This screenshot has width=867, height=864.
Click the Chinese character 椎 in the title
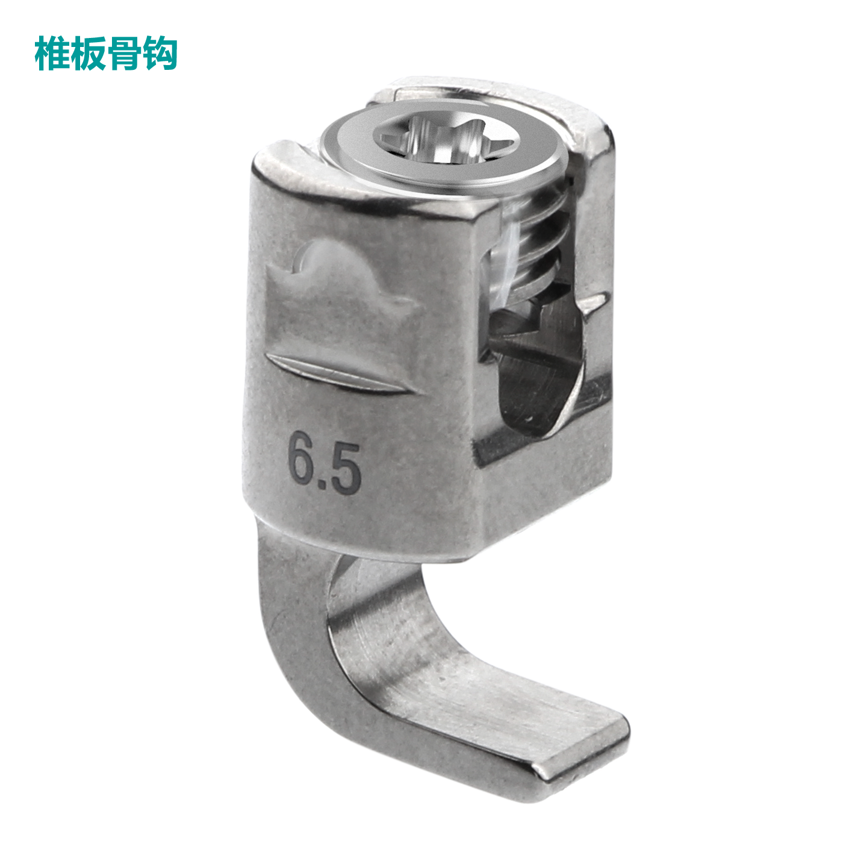(x=52, y=54)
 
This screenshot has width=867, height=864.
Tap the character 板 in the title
(x=89, y=54)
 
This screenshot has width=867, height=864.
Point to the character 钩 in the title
(x=160, y=54)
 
